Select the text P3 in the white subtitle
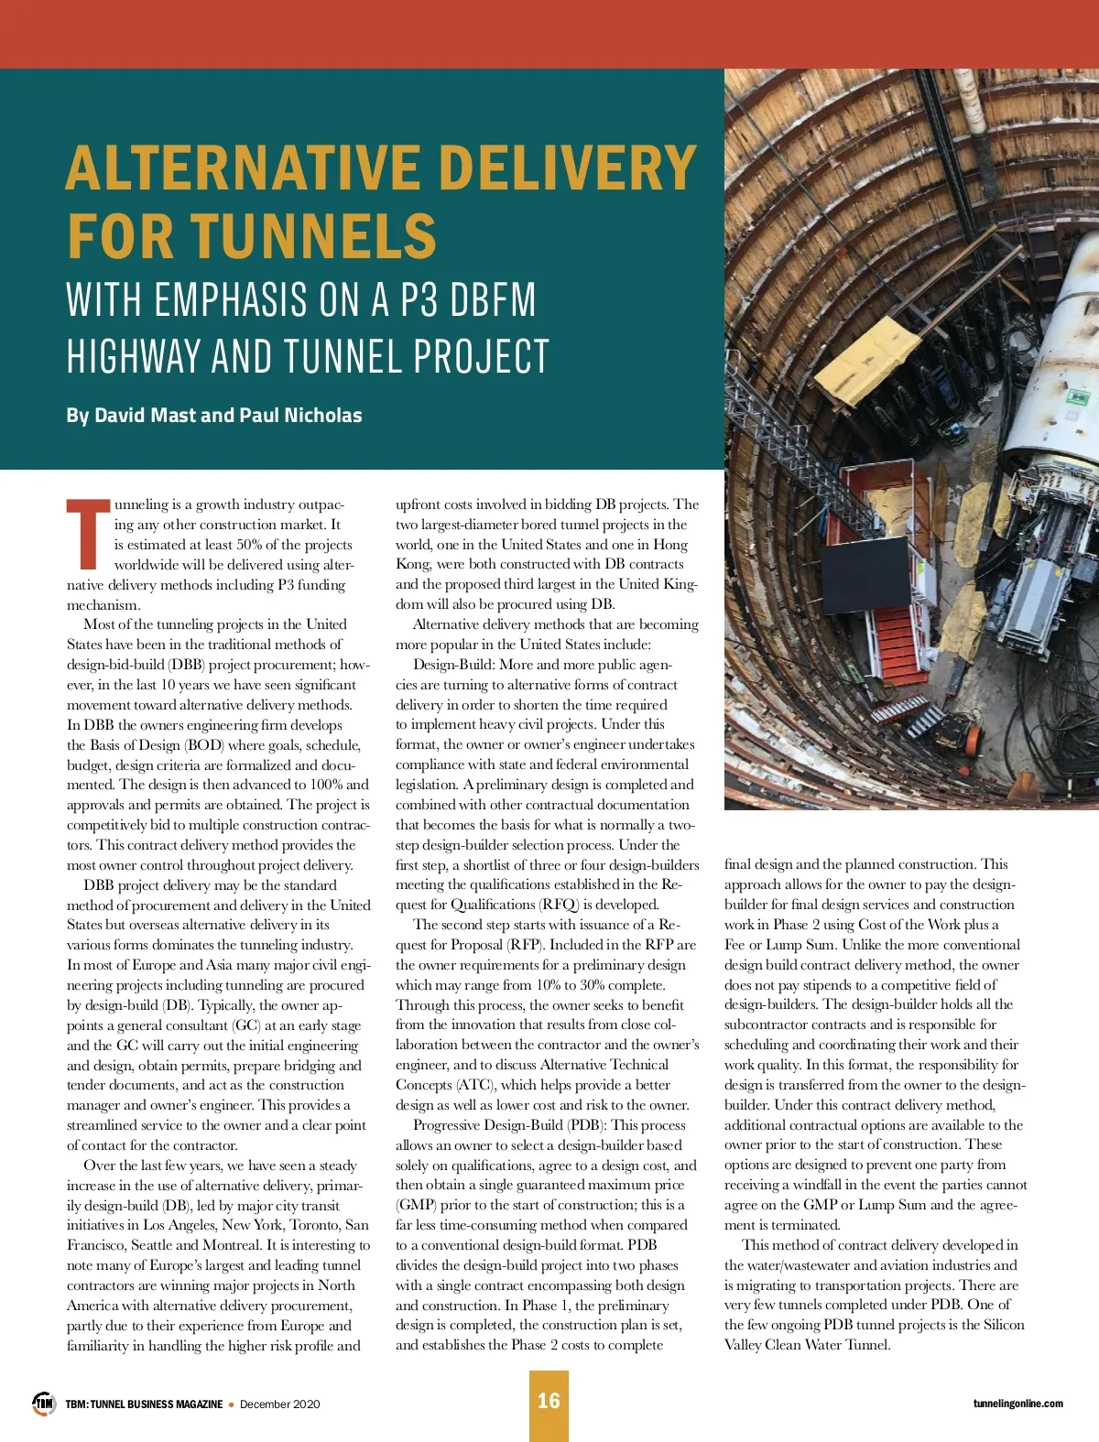click(419, 300)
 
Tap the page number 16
click(549, 1401)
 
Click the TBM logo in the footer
click(44, 1403)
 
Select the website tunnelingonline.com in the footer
click(1017, 1404)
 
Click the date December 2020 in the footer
click(280, 1404)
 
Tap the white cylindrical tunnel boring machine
click(1053, 366)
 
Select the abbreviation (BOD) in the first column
click(203, 745)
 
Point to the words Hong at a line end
click(669, 544)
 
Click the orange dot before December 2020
click(231, 1404)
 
